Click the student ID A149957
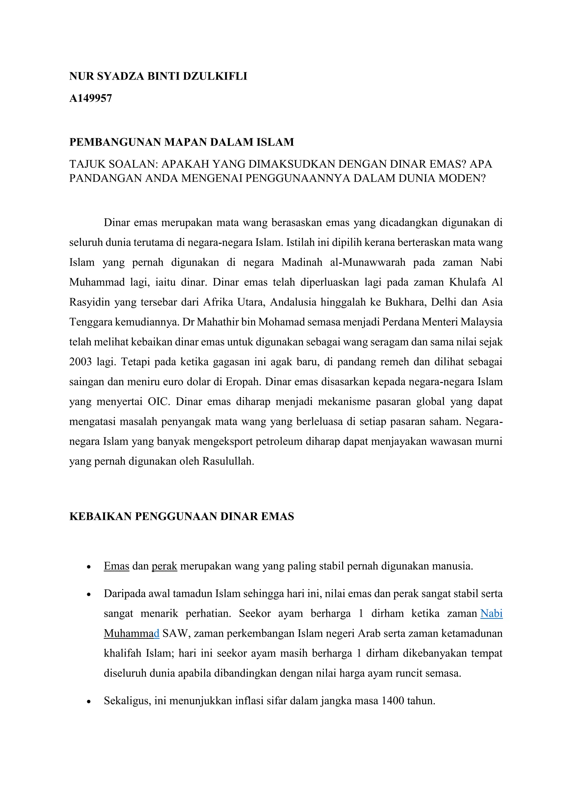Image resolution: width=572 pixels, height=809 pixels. (x=90, y=98)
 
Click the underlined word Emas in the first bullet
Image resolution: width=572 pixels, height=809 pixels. (x=116, y=566)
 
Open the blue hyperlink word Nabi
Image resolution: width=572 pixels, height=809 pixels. (x=491, y=613)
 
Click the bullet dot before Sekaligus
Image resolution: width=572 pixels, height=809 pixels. (x=89, y=701)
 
